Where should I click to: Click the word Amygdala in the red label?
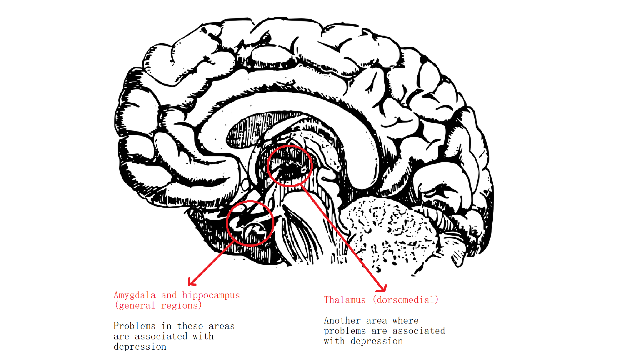click(134, 295)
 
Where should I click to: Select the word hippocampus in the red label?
click(211, 295)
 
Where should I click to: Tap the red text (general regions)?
click(158, 306)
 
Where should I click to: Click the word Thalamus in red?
click(345, 300)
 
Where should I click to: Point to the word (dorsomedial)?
click(406, 300)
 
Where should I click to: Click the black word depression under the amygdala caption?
click(140, 347)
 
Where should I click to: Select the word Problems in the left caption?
click(134, 326)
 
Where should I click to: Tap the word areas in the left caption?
click(222, 326)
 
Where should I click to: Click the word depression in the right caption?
click(377, 341)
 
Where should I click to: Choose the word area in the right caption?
click(377, 321)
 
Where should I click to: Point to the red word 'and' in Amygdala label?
click(169, 295)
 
